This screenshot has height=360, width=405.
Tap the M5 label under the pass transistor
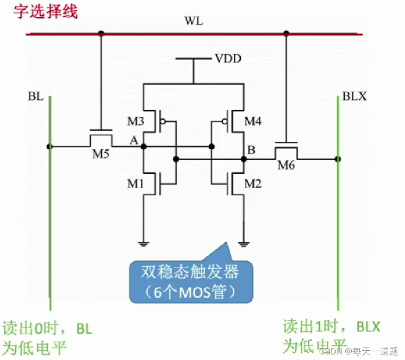(100, 154)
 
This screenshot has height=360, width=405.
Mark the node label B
(251, 150)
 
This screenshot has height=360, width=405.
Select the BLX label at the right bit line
(355, 96)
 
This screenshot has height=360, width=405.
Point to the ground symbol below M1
(143, 243)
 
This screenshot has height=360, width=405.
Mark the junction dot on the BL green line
(50, 146)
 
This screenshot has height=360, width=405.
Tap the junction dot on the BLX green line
(338, 159)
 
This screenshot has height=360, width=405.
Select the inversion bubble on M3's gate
(162, 122)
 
